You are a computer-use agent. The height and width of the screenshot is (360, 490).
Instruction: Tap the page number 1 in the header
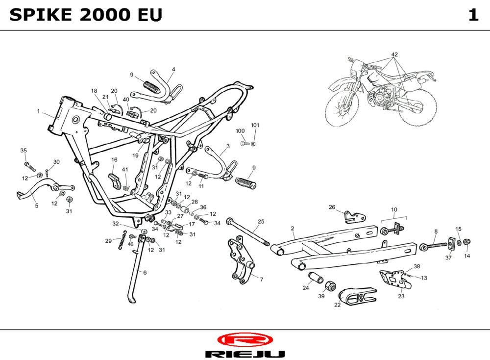point(473,15)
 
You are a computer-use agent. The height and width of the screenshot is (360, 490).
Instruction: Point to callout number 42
point(394,54)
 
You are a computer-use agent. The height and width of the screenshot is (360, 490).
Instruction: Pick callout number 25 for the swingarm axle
point(261,222)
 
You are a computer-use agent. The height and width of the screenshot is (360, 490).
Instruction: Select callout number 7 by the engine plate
point(261,280)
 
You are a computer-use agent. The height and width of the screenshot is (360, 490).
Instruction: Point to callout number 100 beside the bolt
point(240,131)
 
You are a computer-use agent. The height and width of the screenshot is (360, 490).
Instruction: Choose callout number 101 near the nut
point(255,125)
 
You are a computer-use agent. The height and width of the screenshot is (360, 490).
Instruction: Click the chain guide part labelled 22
point(358,296)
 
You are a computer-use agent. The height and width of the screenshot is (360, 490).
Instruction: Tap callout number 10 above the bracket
point(394,209)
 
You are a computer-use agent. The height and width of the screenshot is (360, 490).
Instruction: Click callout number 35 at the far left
point(24,150)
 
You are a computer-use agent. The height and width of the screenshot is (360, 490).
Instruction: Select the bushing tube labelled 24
point(317,279)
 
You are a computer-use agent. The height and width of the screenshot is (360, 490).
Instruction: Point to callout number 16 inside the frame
point(114,160)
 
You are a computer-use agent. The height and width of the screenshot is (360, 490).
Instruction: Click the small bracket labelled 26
point(354,216)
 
